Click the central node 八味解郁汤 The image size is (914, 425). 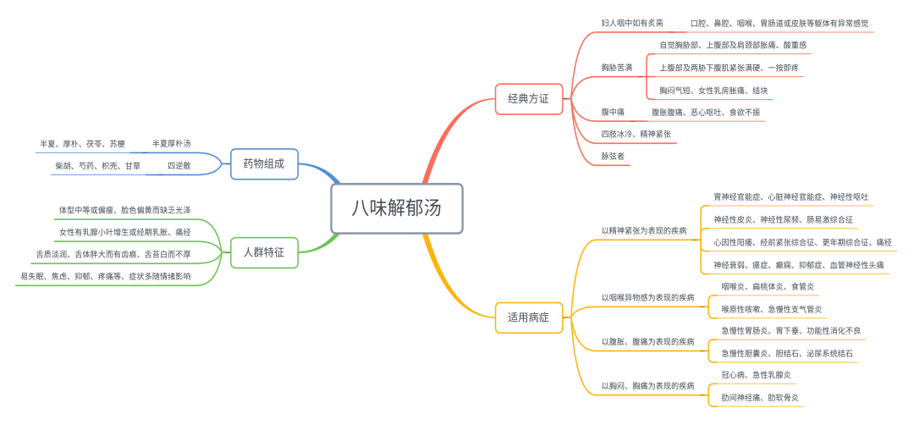point(396,207)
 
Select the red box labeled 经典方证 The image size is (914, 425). point(528,98)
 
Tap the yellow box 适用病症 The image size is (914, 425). point(528,317)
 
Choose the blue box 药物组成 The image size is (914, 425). point(264,163)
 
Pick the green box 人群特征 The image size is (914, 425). point(264,251)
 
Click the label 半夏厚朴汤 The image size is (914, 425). point(171,144)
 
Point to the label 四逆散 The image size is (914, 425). point(179,166)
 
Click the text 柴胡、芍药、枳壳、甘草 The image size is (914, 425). point(97,166)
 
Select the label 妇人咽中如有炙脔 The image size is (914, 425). point(632,23)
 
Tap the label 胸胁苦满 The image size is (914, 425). point(617,67)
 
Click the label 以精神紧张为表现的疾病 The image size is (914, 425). point(644,230)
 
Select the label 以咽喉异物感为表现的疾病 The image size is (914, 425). point(647,297)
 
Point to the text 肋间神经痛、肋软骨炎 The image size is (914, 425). point(759,396)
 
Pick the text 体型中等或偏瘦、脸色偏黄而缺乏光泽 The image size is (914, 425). point(124,209)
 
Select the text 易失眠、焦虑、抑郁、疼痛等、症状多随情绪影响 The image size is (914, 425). point(106,276)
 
